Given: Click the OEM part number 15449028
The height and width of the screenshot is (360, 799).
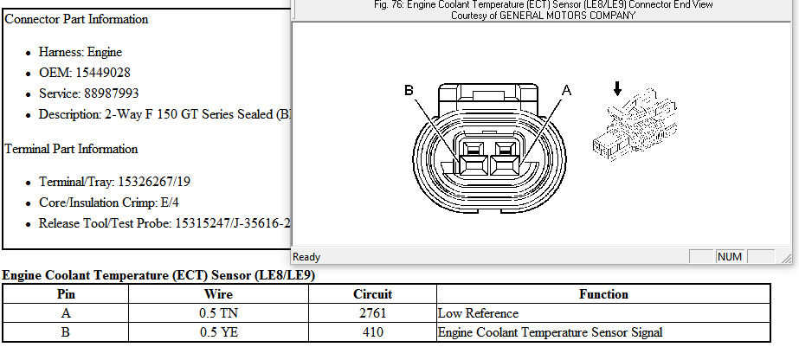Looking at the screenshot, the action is click(x=103, y=73).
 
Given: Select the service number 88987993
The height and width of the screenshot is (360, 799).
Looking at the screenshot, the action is click(x=112, y=93).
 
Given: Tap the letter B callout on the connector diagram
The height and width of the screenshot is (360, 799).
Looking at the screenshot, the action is click(x=409, y=90).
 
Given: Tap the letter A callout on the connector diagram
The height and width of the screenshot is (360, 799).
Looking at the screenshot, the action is click(x=567, y=91).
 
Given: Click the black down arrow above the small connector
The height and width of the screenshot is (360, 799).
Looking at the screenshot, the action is click(x=617, y=89).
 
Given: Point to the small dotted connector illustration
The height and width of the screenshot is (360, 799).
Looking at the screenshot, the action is click(x=635, y=125).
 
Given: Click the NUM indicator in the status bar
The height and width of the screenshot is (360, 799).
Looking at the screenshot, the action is click(x=729, y=257).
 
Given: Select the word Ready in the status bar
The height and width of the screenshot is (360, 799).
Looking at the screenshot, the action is click(x=306, y=257).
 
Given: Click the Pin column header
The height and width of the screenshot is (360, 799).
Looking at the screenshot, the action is click(x=66, y=294).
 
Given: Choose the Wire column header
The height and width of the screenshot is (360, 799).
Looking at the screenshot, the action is click(x=219, y=294).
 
